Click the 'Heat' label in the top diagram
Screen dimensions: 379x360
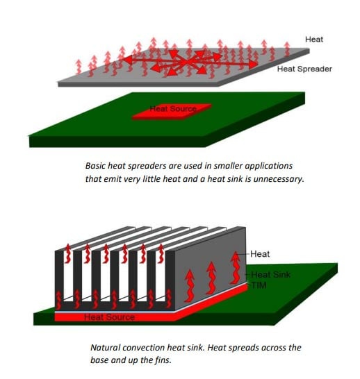313,40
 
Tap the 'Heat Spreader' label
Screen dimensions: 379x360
303,69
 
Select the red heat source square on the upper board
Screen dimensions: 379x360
174,110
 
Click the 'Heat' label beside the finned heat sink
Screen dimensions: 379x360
259,255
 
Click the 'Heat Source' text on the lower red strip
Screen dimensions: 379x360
109,318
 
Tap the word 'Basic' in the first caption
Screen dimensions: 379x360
97,166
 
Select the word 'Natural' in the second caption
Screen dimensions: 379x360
106,346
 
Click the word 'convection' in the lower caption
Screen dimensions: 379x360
149,346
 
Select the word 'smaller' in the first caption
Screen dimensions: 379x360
236,166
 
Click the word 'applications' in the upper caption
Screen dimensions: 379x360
273,166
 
